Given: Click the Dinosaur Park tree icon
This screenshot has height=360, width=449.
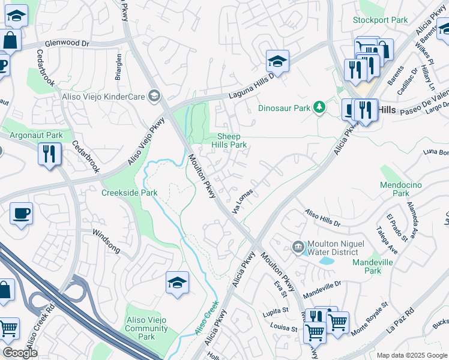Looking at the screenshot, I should coord(320,108).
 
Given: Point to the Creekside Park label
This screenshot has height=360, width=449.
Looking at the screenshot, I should coord(129,193).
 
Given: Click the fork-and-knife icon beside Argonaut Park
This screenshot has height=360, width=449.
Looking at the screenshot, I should coord(49,154).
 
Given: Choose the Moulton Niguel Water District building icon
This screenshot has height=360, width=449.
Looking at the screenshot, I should coord(298,247).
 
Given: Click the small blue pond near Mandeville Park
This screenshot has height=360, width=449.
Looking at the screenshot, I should coord(327,261).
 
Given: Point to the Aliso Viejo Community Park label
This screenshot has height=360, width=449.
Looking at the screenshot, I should coord(146,328).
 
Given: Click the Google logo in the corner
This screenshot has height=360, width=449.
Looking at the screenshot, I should coord(20,353).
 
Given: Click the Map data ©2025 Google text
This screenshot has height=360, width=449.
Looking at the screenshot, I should coord(411,355).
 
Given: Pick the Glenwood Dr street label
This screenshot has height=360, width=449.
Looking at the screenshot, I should coord(67,44).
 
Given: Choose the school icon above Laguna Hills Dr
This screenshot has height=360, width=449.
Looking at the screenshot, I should coord(277,61).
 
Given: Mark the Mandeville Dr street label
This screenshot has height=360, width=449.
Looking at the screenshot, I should coord(322,289).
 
